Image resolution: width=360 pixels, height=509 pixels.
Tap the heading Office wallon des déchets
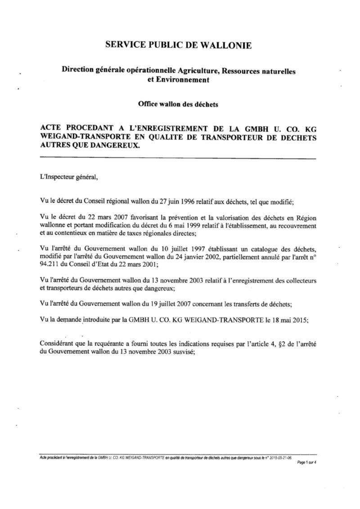click(x=178, y=104)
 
